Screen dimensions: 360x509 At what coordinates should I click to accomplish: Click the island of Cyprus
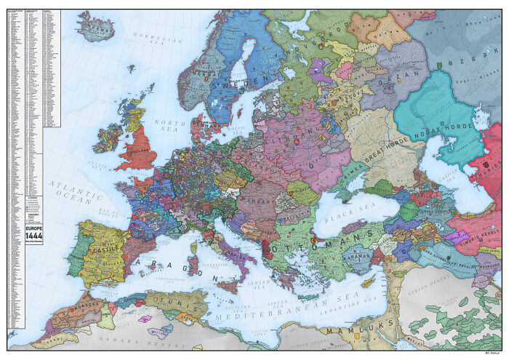(x=370, y=281)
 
